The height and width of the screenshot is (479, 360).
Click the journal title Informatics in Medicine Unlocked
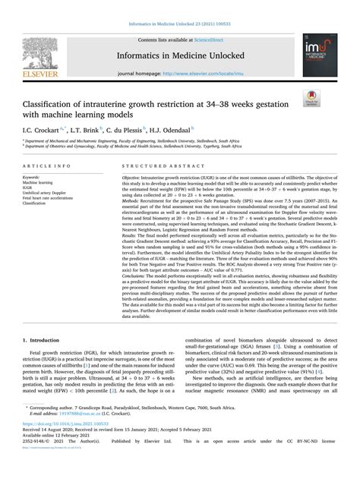click(179, 55)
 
